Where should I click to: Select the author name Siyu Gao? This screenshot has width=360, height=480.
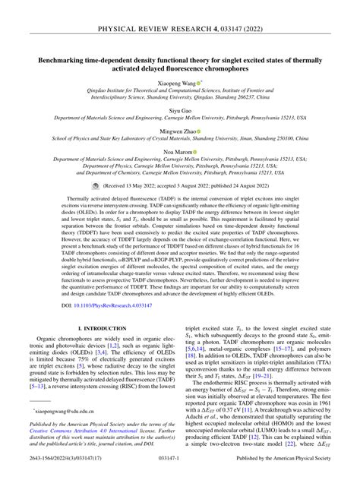point(180,110)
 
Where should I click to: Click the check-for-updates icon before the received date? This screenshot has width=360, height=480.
point(95,185)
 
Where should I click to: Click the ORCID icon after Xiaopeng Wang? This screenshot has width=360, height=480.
point(199,82)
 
